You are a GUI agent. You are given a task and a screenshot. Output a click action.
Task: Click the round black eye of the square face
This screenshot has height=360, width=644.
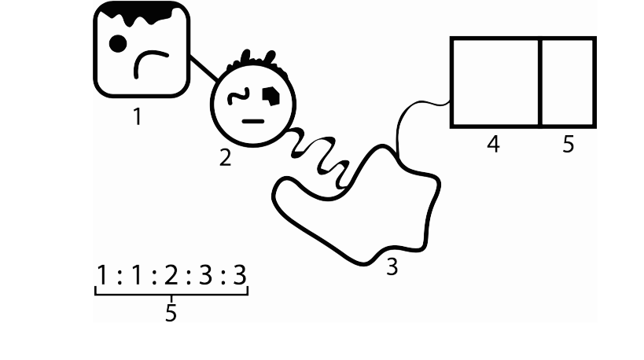118,44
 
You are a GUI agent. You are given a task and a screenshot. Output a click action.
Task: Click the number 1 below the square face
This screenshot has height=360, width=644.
138,116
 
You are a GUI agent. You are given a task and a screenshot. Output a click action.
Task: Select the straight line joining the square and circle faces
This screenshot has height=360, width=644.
204,68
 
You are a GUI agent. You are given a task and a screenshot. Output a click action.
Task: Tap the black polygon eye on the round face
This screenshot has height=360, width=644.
271,96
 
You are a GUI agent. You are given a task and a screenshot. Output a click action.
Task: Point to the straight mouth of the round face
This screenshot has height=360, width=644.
253,122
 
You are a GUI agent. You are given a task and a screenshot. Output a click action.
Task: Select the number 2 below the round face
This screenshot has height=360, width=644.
225,158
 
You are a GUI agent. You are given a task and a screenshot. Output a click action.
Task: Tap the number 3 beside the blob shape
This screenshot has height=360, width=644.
392,267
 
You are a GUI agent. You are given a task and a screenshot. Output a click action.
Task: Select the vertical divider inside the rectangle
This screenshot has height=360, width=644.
540,83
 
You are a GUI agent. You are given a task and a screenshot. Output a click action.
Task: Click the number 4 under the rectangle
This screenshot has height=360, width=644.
493,144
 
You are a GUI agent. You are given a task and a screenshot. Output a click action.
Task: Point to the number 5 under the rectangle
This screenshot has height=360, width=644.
568,144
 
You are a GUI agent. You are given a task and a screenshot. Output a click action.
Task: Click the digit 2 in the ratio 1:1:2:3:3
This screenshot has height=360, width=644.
171,275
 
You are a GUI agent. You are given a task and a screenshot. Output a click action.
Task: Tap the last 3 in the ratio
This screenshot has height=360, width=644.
240,275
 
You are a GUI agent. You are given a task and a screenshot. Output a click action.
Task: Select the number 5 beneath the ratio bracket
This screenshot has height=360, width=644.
171,313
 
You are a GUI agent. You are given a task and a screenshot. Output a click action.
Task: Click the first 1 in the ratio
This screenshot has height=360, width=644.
102,275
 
